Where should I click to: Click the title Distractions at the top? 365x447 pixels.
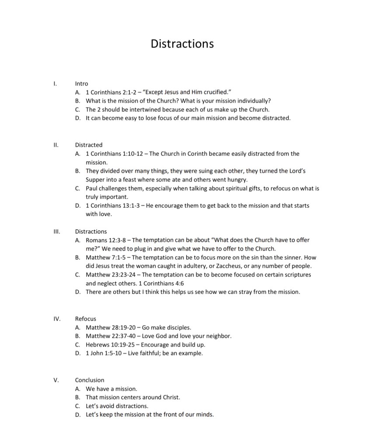(182, 44)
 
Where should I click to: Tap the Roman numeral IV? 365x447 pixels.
(56, 319)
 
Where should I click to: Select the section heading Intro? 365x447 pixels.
(81, 83)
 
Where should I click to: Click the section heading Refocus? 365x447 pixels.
(85, 319)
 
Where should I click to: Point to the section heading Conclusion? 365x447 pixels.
(90, 380)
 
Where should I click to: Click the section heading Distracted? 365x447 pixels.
(89, 144)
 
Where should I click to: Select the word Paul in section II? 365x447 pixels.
(92, 188)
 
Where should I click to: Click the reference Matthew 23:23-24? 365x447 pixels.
(111, 275)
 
